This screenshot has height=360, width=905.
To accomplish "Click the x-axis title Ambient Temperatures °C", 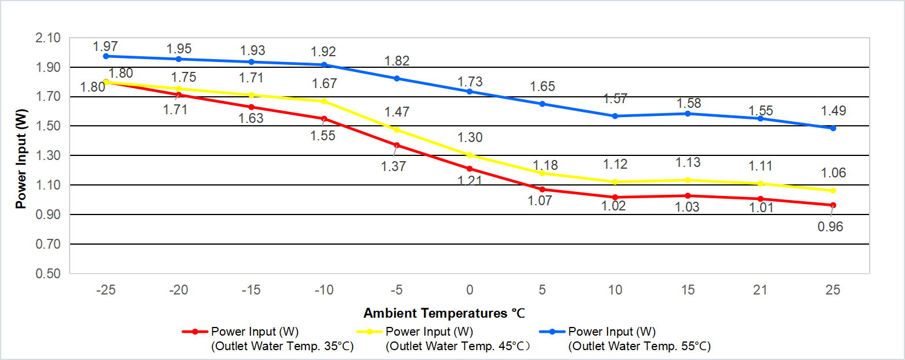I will click(444, 314).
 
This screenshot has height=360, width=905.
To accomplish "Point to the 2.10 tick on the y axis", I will click(48, 38).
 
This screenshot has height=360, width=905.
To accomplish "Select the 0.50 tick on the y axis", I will click(48, 274).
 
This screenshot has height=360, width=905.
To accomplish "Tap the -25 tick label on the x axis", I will click(106, 290).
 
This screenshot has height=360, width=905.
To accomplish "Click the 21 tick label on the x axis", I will click(760, 290).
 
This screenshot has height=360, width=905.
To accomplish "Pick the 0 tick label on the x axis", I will click(470, 290).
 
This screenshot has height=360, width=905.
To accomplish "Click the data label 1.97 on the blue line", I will click(106, 46).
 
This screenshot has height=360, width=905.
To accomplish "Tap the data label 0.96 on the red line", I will click(830, 227).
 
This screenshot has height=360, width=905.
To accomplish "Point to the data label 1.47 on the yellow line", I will click(397, 112).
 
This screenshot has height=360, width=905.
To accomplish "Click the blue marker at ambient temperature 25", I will click(833, 128).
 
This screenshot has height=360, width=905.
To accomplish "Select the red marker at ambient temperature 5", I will click(543, 190).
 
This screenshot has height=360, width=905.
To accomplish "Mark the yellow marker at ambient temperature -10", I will click(324, 101).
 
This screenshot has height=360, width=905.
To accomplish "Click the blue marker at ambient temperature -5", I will click(397, 78).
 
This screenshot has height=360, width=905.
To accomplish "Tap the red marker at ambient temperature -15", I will click(251, 107).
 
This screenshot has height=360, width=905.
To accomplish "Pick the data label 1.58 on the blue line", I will click(689, 103).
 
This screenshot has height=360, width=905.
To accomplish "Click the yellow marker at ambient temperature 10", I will click(615, 182).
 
